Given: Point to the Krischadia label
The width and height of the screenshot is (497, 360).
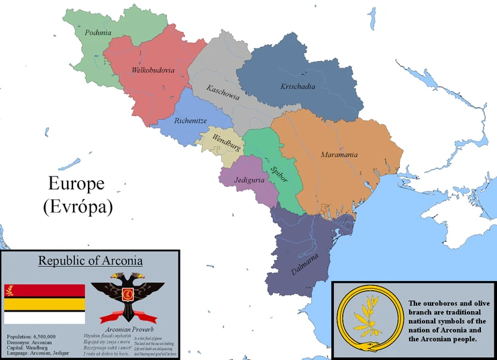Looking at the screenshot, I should click(298, 86).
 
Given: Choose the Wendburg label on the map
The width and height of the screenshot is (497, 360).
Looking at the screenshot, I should click(226, 141).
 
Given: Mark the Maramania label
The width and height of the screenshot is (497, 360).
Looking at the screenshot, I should click(338, 155).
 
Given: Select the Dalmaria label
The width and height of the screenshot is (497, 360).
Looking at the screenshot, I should click(305, 262).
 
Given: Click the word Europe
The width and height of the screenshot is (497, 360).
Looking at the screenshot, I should click(76, 184).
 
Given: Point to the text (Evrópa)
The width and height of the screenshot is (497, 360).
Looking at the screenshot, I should click(77, 206).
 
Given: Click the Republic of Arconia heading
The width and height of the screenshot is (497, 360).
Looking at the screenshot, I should click(90, 260).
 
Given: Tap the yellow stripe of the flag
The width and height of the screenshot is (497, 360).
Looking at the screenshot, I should click(45, 304).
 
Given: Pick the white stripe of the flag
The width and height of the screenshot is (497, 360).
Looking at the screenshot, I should click(45, 317).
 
